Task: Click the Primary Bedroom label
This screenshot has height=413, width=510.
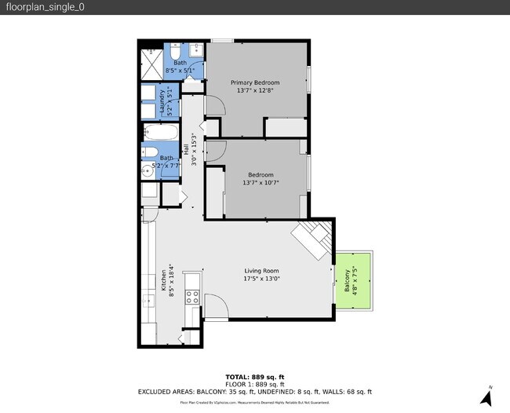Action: coord(254,82)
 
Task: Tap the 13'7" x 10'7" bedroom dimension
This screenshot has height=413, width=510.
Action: coord(260,183)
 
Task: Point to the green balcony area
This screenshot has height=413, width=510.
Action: coord(352,281)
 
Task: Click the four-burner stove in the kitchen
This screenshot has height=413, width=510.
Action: coord(192,296)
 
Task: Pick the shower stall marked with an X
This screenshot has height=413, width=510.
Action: coord(151,63)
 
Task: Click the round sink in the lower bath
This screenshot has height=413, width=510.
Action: coord(147,171)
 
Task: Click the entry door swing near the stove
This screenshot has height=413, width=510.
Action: coord(215,306)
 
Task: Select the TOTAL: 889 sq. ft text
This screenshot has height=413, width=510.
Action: coord(254,376)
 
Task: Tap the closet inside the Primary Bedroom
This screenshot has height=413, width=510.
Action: coord(285,126)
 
